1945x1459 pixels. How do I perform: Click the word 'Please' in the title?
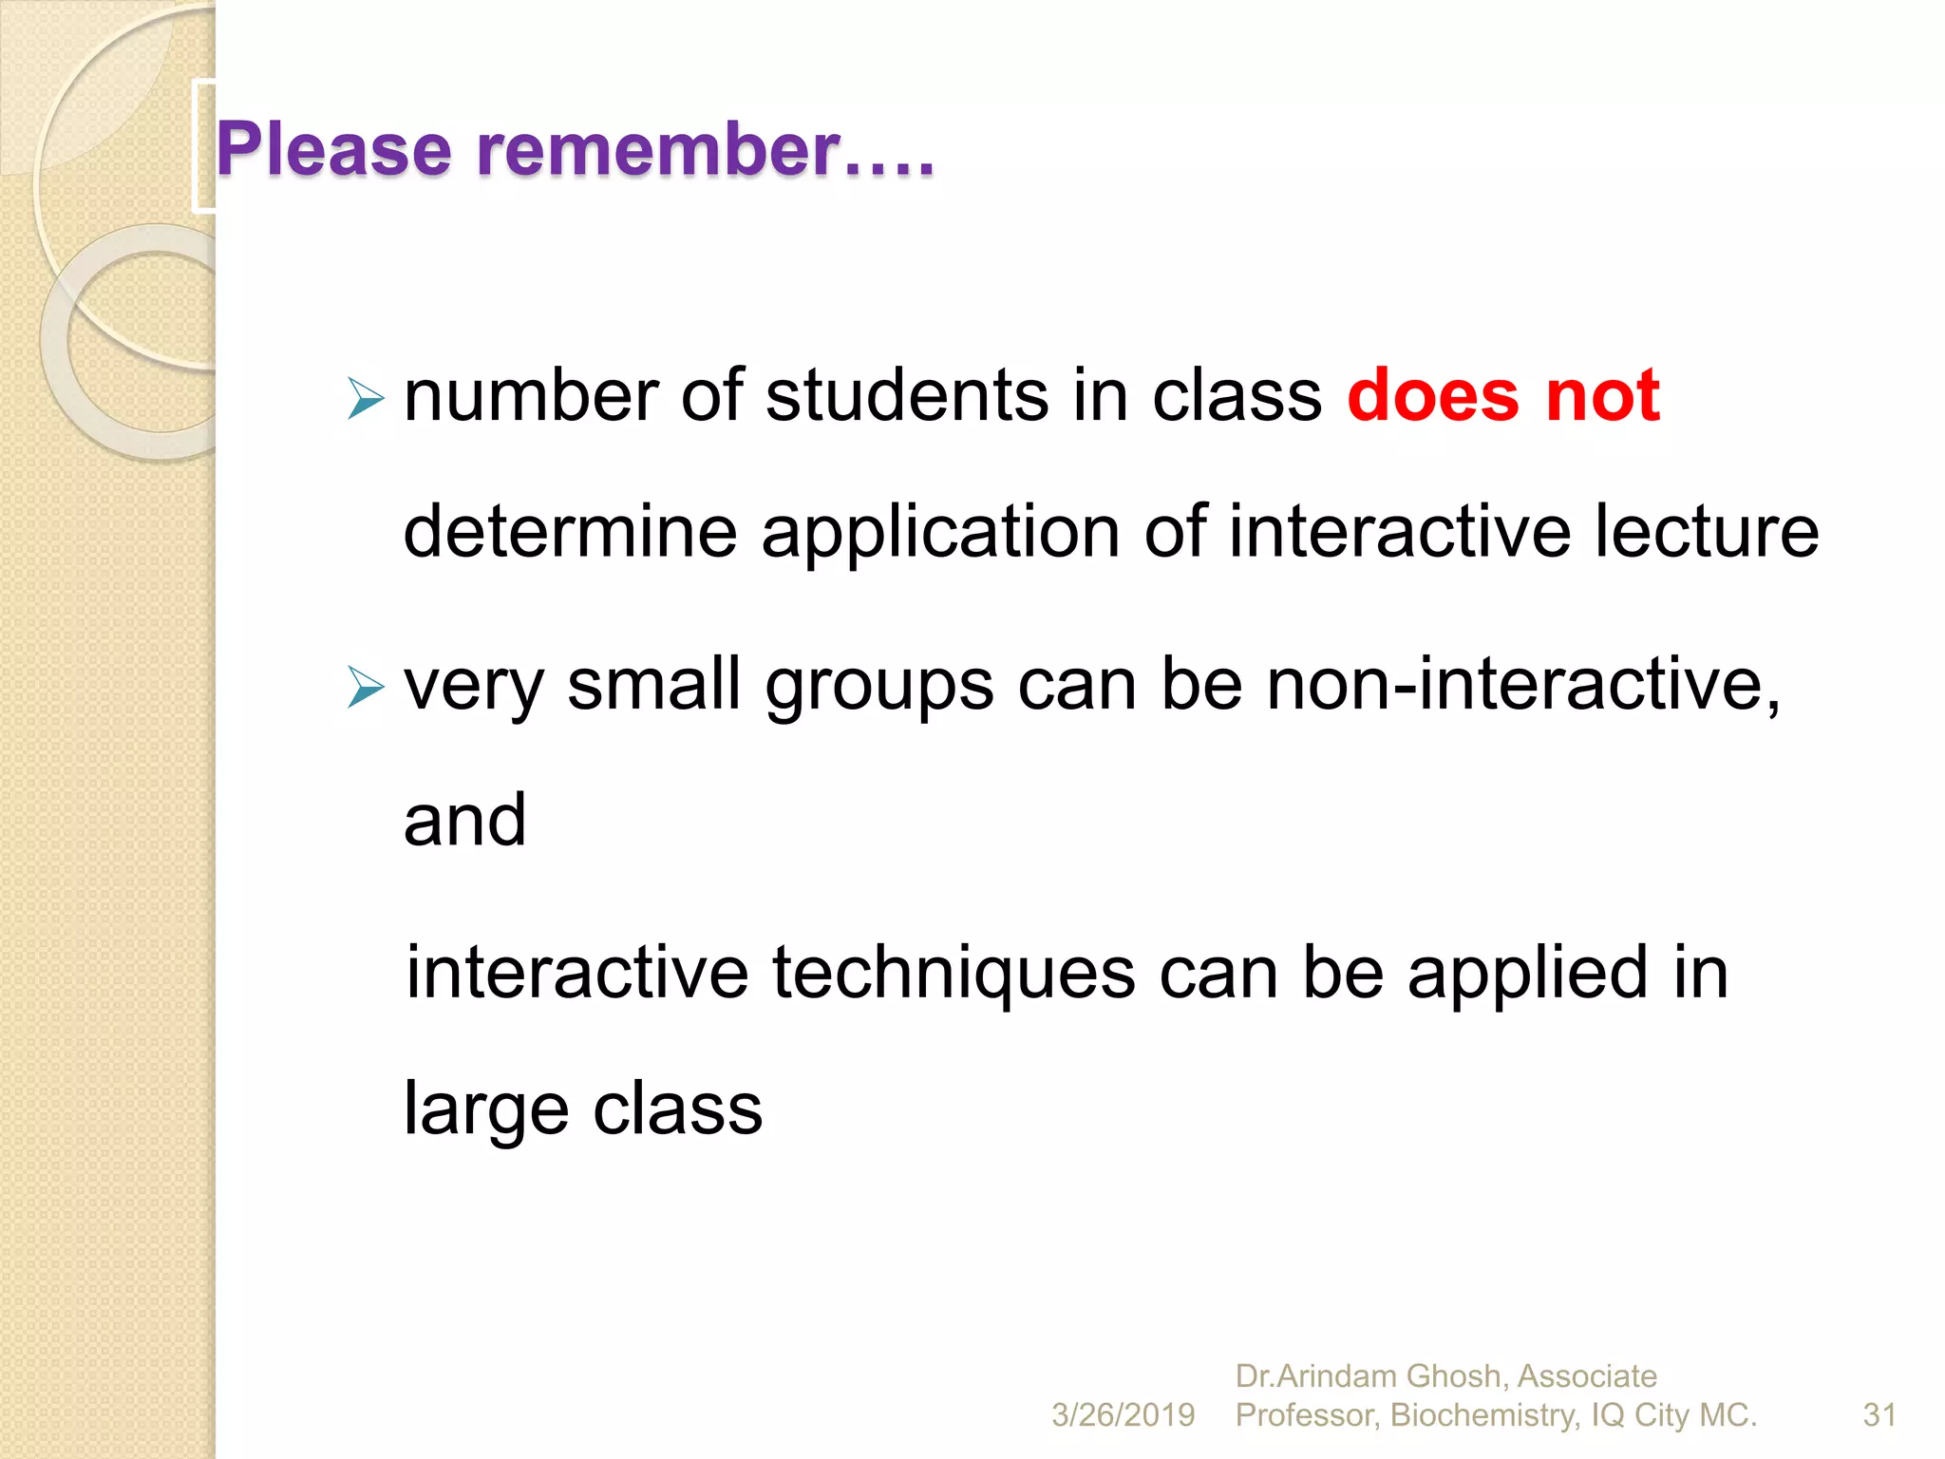tap(333, 150)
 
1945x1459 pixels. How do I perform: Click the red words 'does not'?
tap(1502, 395)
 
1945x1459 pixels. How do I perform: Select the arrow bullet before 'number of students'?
tap(365, 398)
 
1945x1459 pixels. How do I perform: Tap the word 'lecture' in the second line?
tap(1706, 532)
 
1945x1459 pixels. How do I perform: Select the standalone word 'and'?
tap(464, 821)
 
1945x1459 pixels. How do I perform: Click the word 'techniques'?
tap(954, 974)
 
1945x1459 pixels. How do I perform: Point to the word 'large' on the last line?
tap(485, 1109)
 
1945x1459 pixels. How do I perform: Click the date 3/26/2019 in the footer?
tap(1123, 1415)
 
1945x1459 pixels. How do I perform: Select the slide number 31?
tap(1879, 1415)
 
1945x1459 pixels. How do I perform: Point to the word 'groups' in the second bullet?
tap(879, 686)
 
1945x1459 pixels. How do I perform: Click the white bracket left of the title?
tap(201, 147)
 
